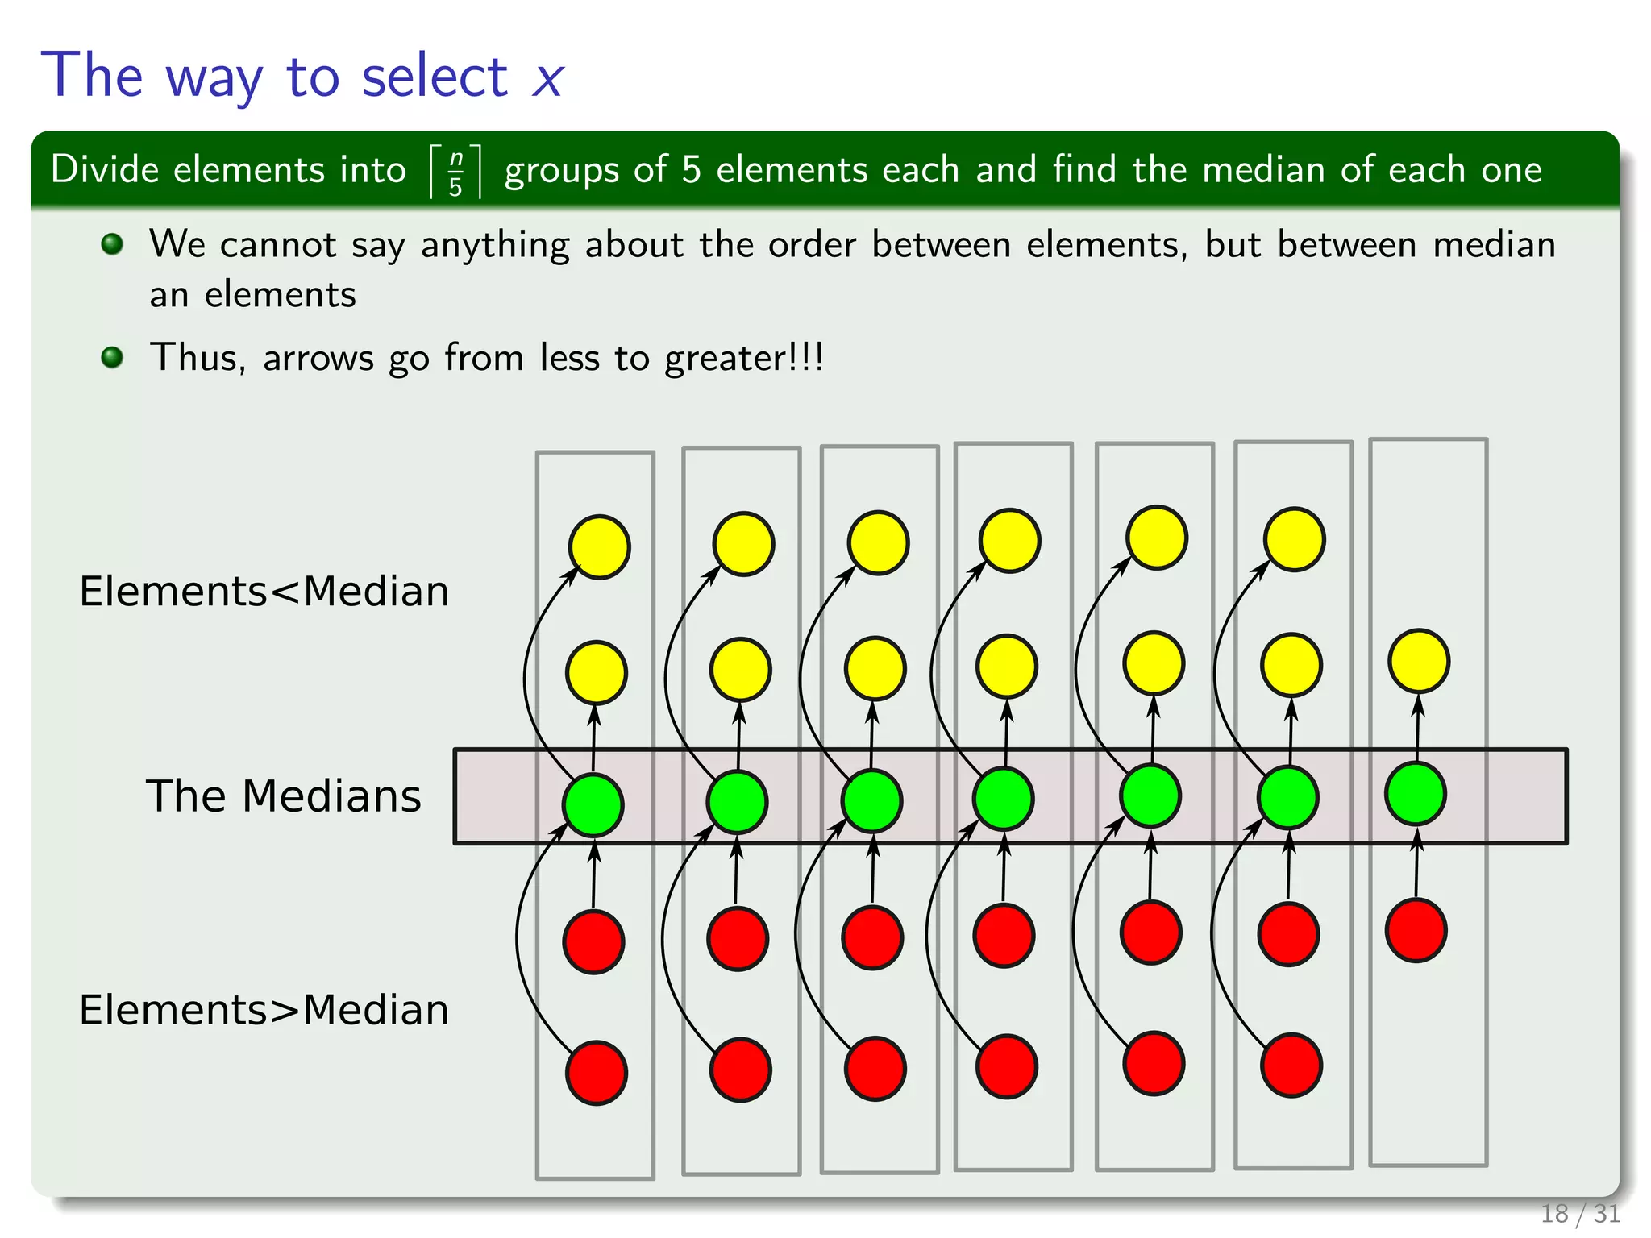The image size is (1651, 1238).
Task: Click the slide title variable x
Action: (547, 79)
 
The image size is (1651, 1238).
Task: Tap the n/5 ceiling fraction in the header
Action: (455, 171)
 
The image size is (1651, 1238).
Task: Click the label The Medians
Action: (283, 796)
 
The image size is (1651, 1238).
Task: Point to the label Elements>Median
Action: (264, 1009)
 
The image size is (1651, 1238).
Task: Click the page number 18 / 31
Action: (1579, 1213)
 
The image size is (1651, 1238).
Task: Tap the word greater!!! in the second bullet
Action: (743, 358)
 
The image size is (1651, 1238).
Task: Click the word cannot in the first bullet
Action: (277, 244)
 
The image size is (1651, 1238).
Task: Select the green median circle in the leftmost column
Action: (593, 804)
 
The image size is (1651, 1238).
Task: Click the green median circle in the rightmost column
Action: (1416, 794)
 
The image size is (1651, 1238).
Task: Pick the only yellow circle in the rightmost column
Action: (1419, 661)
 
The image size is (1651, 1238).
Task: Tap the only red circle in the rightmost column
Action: (1416, 931)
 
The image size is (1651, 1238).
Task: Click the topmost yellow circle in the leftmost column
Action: (599, 546)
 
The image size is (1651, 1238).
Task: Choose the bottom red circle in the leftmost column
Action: (597, 1073)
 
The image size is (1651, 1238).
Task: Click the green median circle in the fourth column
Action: (1004, 799)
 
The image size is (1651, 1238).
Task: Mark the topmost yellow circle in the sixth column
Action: (1294, 538)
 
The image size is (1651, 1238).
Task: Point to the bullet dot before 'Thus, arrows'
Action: (113, 356)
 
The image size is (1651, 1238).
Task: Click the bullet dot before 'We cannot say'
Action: (113, 243)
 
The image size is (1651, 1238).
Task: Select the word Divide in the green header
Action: (105, 170)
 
